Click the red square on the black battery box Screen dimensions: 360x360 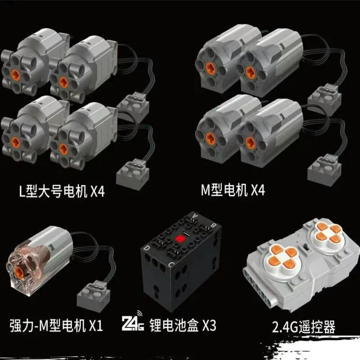pyautogui.click(x=180, y=239)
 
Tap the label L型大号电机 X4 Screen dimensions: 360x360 pyautogui.click(x=62, y=191)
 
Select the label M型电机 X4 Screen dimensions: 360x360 pyautogui.click(x=233, y=190)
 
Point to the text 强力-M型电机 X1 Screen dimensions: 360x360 pyautogui.click(x=56, y=325)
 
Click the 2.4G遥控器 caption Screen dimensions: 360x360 pyautogui.click(x=303, y=327)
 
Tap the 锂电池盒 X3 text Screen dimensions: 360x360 pyautogui.click(x=183, y=325)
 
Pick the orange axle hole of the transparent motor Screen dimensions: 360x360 pyautogui.click(x=19, y=272)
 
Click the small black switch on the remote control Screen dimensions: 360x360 pyautogui.click(x=306, y=247)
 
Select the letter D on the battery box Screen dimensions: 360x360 pyautogui.click(x=146, y=248)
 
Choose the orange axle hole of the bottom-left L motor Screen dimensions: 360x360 pyautogui.click(x=16, y=142)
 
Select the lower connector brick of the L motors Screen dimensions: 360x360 pyautogui.click(x=133, y=174)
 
